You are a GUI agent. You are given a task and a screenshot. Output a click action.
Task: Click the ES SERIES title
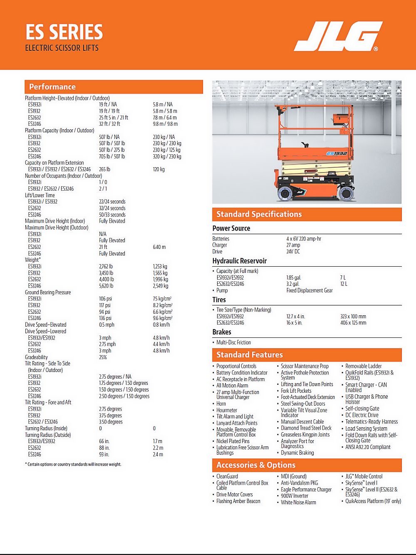64,32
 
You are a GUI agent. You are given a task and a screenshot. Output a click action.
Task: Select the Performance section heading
52,87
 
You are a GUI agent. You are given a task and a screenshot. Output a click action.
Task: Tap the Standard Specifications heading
259,214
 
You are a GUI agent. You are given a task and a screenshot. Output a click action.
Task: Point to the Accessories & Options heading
256,465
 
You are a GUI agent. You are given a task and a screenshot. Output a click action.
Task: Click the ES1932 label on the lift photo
337,154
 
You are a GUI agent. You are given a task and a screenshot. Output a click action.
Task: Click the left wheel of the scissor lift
286,193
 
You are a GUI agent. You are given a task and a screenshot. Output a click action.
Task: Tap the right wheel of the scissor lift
346,193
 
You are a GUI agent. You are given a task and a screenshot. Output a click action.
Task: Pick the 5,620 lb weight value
106,286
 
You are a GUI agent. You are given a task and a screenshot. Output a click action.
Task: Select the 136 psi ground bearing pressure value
105,318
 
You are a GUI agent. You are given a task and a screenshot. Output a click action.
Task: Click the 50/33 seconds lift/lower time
112,215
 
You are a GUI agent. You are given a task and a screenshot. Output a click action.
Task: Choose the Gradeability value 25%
103,357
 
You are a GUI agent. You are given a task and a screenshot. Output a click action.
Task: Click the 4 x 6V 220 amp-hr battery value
304,239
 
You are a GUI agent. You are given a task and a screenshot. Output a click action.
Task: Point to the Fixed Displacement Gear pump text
310,290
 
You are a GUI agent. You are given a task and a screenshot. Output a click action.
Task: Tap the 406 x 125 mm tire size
353,323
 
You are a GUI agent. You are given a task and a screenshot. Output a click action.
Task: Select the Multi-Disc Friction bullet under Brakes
233,342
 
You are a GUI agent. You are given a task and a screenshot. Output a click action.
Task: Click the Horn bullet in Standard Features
221,404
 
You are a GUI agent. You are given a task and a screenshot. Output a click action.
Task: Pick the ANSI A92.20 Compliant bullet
368,447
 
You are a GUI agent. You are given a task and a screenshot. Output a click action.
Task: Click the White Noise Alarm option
298,503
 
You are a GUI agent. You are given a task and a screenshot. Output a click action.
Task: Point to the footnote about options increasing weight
73,464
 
